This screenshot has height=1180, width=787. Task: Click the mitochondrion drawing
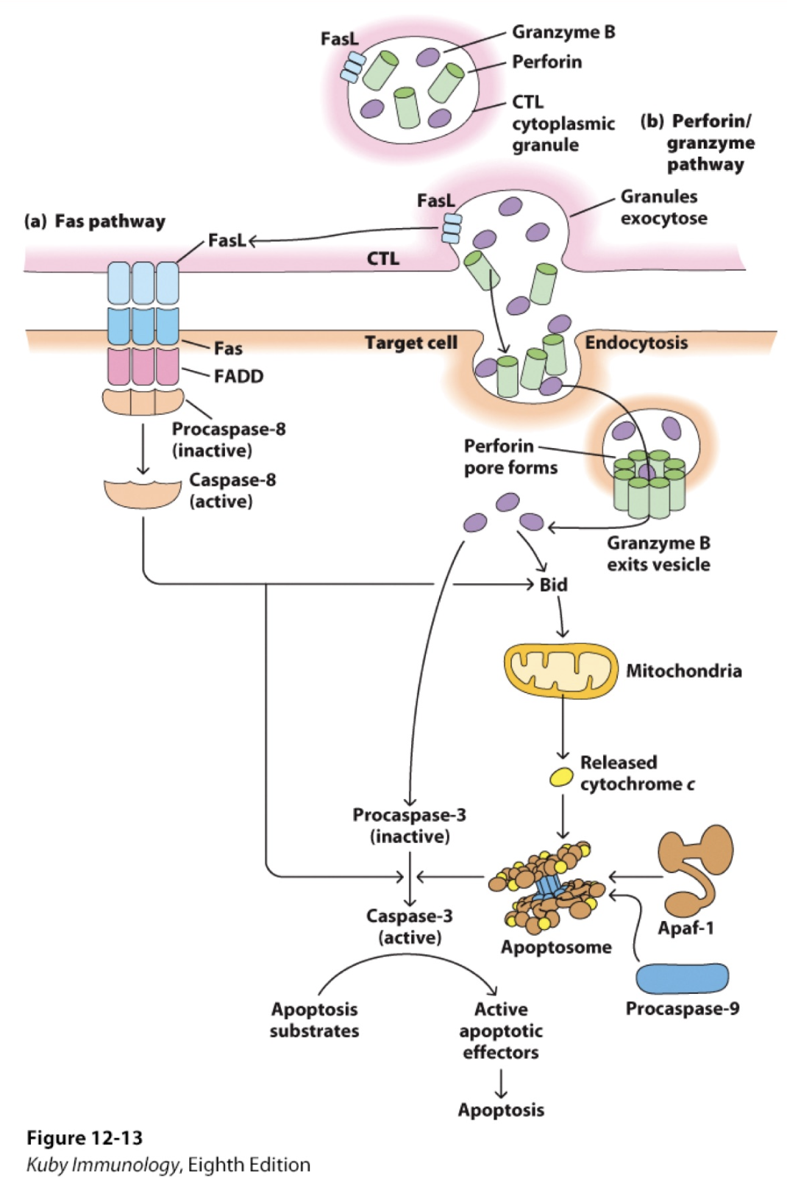click(x=560, y=670)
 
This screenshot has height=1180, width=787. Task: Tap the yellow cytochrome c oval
click(x=562, y=778)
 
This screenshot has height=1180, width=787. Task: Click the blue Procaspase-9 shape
click(x=682, y=978)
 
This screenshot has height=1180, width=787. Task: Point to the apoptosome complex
click(x=548, y=886)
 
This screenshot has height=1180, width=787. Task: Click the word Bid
click(x=553, y=585)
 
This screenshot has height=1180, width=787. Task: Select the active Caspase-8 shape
click(x=143, y=493)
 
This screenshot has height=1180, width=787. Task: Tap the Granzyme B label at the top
click(x=563, y=32)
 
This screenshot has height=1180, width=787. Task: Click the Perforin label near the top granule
click(x=546, y=62)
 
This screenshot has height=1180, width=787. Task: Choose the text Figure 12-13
click(x=85, y=1138)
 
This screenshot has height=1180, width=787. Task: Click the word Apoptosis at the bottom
click(x=501, y=1110)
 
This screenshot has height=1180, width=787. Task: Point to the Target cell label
click(x=410, y=344)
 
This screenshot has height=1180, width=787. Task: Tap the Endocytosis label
click(x=636, y=343)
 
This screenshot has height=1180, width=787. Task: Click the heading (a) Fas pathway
click(x=95, y=221)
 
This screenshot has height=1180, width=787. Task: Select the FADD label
click(x=238, y=377)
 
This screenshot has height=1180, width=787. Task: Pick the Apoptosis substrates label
click(x=314, y=1020)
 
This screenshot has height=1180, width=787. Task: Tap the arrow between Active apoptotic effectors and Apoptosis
click(x=501, y=1082)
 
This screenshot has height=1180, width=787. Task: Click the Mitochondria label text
click(x=683, y=671)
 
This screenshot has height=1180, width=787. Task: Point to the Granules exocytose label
click(x=663, y=207)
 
